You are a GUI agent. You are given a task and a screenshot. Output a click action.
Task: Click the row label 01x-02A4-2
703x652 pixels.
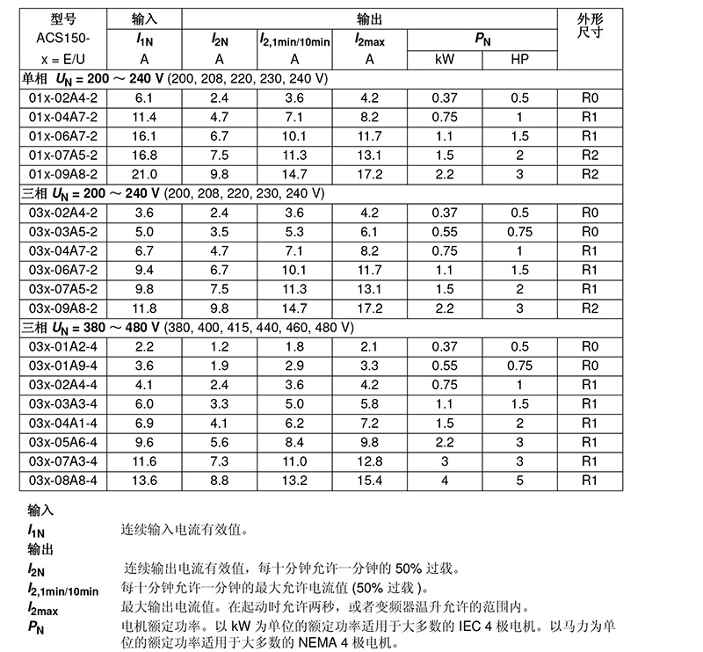62,98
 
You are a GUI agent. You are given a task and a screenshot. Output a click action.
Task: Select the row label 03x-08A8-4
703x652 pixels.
62,481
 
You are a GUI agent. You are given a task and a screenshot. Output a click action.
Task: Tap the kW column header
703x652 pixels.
445,59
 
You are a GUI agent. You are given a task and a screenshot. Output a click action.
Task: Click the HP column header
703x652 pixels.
519,59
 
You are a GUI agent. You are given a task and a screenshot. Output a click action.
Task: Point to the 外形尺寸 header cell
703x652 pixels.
590,26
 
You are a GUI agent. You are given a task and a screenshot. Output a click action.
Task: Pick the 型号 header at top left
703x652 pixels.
64,19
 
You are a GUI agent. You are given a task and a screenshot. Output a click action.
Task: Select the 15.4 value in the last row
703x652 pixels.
370,481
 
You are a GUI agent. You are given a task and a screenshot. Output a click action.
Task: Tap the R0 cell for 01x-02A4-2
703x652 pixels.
590,98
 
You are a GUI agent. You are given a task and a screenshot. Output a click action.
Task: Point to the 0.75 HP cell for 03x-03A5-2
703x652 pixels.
519,232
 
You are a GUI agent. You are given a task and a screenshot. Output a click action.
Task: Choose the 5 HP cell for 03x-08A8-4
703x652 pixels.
519,481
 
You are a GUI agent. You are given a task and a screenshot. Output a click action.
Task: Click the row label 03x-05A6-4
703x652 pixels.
62,442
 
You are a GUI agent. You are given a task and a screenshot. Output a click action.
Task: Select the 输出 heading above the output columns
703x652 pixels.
370,18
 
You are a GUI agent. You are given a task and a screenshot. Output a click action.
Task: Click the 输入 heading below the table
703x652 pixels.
41,511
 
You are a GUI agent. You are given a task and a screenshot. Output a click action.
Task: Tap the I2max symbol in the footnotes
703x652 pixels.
45,608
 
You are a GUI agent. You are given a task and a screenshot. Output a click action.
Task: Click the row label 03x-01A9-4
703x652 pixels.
62,365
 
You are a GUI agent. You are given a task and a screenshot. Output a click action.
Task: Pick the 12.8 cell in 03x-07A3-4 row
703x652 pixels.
370,461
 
